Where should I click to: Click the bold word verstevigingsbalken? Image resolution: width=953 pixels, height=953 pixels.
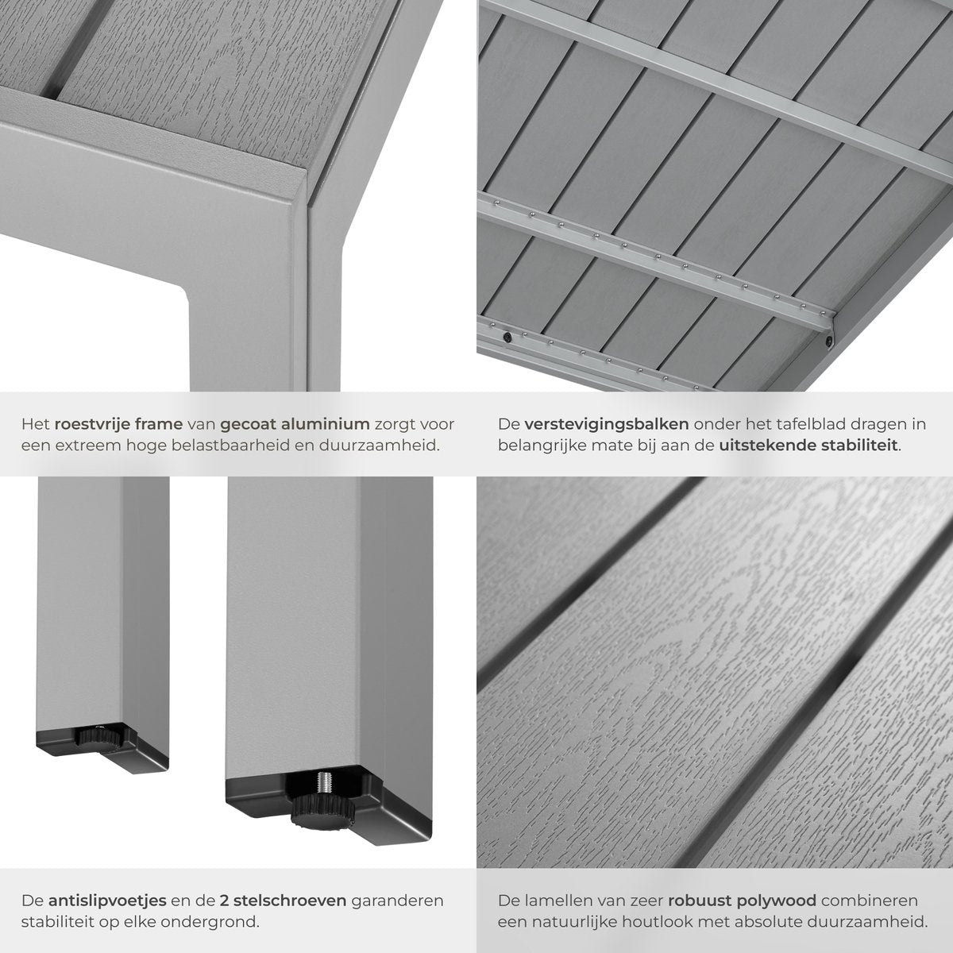606,425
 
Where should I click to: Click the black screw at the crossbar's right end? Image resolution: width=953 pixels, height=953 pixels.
829,340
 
